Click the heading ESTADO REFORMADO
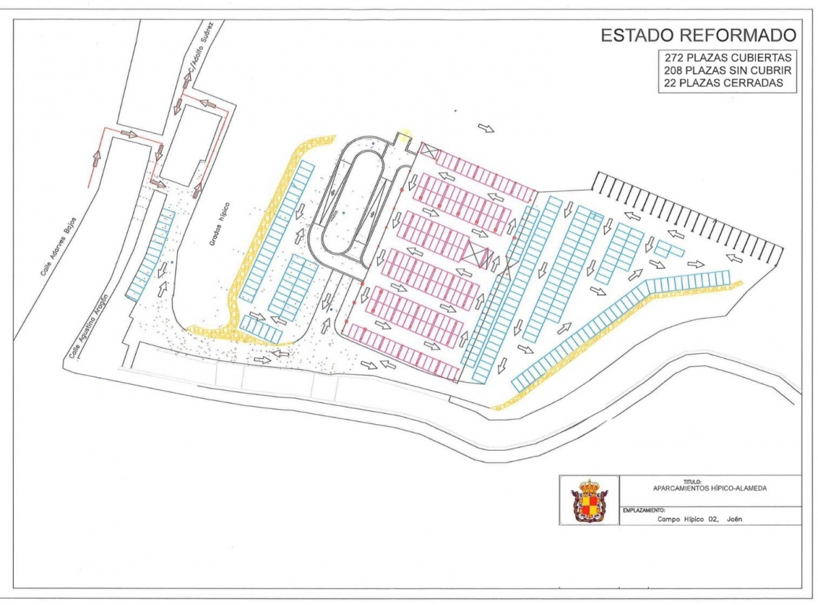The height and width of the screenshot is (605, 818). tap(698, 35)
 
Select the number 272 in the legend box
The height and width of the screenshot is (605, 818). tap(674, 57)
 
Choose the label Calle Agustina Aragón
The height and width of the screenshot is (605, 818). tap(88, 327)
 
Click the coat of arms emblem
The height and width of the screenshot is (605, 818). tap(588, 501)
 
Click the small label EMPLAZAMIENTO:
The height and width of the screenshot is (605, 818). tap(643, 510)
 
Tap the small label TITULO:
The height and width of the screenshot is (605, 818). tap(692, 482)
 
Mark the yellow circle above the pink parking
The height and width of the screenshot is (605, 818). tap(406, 135)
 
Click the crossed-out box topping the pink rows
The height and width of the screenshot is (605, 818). tap(429, 151)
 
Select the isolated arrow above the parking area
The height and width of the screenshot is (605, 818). tap(487, 128)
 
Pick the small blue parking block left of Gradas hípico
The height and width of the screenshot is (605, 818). tap(150, 256)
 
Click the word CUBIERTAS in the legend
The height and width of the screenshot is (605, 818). tap(762, 57)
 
